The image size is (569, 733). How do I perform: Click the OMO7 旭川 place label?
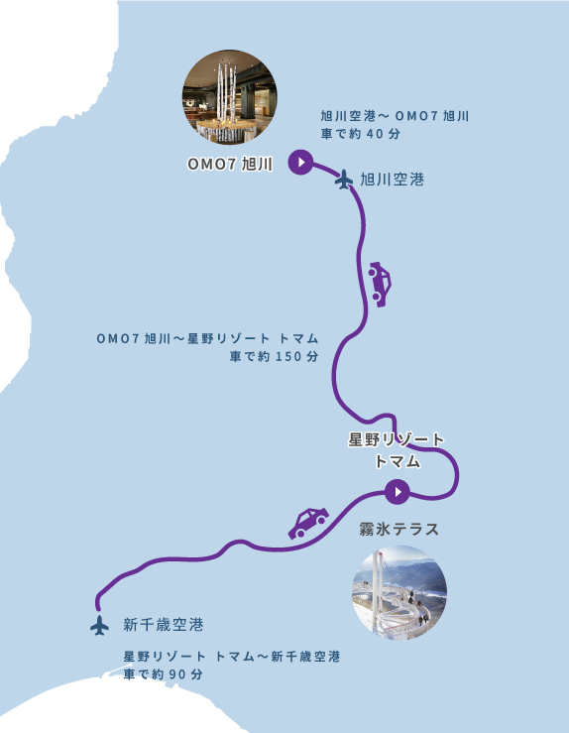(229, 164)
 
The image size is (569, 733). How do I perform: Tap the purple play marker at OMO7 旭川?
(300, 162)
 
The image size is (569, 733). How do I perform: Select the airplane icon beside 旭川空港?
(344, 180)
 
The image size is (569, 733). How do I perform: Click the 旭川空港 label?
(392, 180)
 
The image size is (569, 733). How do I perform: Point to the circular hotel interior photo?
(229, 97)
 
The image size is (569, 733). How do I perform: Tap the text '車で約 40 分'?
(360, 133)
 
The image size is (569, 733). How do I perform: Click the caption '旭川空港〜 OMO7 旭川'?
(395, 116)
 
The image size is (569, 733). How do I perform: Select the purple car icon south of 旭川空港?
(379, 283)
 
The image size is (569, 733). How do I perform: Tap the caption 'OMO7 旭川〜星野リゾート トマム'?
(207, 338)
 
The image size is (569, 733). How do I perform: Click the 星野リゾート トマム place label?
(397, 449)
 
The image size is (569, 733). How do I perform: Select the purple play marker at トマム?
(397, 490)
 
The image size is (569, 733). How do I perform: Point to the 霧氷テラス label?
(398, 530)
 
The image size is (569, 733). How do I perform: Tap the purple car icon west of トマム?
(308, 522)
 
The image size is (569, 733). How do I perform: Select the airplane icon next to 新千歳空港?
(99, 626)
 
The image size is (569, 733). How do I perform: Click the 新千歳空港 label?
(164, 625)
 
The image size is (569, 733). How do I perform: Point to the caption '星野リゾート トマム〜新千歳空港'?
(232, 657)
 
